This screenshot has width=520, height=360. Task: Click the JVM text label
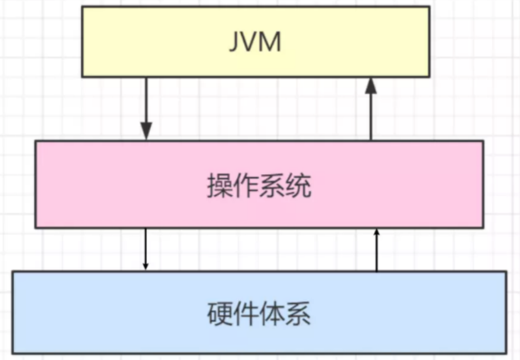pos(255,42)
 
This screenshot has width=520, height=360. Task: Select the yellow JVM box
pos(256,42)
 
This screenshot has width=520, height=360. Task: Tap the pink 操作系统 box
pos(259,185)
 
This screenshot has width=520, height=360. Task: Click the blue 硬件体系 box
pos(259,312)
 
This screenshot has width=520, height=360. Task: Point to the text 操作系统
pos(259,186)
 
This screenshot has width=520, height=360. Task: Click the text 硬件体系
pos(259,313)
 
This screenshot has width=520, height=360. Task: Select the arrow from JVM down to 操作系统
pos(147,109)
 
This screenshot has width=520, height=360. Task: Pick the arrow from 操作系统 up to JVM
pos(371,109)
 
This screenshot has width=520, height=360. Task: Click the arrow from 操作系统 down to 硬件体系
pos(145,249)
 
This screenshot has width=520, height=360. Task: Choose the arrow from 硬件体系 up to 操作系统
pos(376,249)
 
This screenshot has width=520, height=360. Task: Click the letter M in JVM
pos(270,42)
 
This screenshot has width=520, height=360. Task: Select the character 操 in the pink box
pos(220,186)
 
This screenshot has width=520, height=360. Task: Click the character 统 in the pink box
pos(298,186)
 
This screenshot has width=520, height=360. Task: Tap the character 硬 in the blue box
pos(220,313)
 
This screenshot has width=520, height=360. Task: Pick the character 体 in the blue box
pos(272,313)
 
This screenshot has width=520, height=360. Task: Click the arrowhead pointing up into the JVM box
pos(371,85)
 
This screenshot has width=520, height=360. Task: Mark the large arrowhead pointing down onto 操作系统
pos(147,131)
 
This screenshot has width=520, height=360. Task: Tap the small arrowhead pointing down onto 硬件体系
pos(145,267)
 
